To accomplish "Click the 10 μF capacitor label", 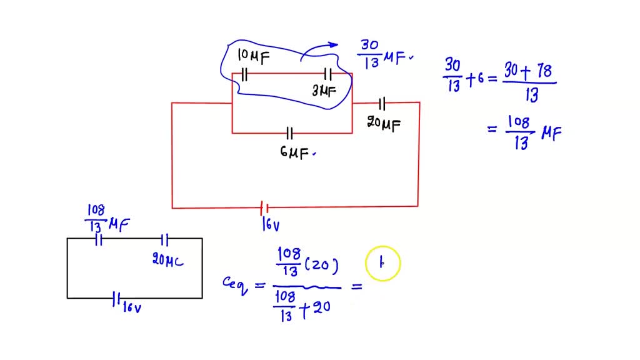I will pyautogui.click(x=253, y=58).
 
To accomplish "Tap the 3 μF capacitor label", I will pyautogui.click(x=324, y=91).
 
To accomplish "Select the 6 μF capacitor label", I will pyautogui.click(x=294, y=153).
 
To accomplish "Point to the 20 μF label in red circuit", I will pyautogui.click(x=383, y=124).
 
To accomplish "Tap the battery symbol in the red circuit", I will pyautogui.click(x=264, y=207).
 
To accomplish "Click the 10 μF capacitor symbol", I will pyautogui.click(x=244, y=75).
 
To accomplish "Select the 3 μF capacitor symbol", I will pyautogui.click(x=327, y=74).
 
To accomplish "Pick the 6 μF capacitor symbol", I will pyautogui.click(x=289, y=133).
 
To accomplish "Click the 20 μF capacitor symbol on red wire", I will pyautogui.click(x=382, y=102).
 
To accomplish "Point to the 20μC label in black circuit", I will pyautogui.click(x=168, y=260).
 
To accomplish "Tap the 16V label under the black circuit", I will pyautogui.click(x=131, y=307).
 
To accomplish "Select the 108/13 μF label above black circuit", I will pyautogui.click(x=107, y=219).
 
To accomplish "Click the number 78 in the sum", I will pyautogui.click(x=542, y=72).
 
